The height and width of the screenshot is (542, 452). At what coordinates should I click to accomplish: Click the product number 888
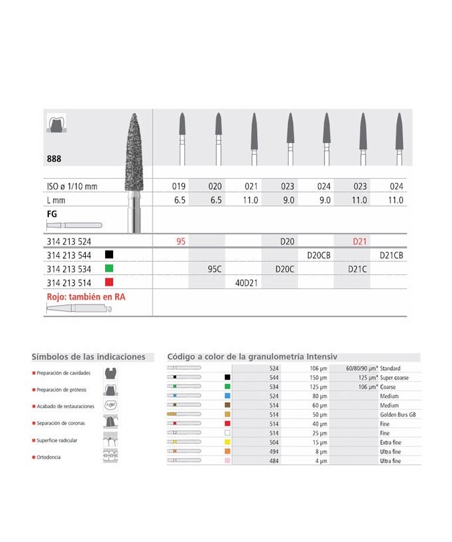tap(54, 159)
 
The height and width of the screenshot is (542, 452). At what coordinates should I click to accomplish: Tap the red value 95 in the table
tap(181, 242)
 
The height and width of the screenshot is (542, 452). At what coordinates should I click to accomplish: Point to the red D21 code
tap(360, 242)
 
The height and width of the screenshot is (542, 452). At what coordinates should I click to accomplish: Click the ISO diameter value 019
tap(180, 186)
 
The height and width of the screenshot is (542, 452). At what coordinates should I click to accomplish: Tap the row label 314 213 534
tap(70, 269)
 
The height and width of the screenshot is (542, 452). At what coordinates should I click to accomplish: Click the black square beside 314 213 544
tap(108, 255)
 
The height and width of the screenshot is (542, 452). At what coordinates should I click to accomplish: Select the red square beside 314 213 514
tap(108, 282)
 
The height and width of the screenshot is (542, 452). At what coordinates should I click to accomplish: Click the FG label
tap(51, 215)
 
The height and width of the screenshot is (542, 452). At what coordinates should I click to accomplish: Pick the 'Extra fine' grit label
tap(391, 443)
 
